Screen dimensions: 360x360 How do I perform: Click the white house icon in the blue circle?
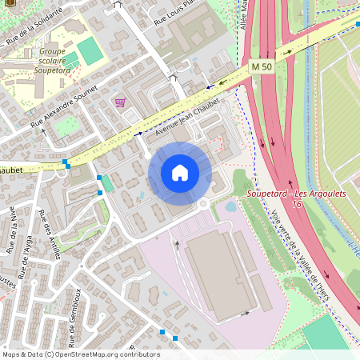tap(180, 173)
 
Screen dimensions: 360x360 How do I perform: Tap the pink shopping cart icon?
tap(120, 102)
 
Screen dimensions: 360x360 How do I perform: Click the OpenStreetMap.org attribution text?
tap(100, 354)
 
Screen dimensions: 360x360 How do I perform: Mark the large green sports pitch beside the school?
tap(90, 51)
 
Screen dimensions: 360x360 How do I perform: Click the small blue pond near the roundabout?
tap(230, 206)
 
